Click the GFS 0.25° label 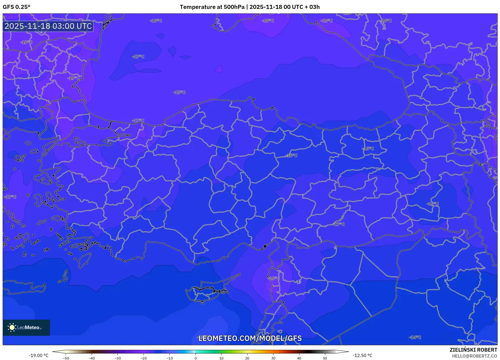tap(16, 7)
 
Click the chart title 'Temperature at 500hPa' tap(212, 7)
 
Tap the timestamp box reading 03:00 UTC tap(48, 26)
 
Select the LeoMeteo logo tap(26, 327)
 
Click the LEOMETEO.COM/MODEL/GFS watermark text tap(250, 338)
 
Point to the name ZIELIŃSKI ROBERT tap(473, 350)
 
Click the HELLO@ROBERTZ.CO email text tap(474, 356)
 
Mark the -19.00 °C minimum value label tap(38, 355)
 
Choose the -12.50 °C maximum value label tap(362, 355)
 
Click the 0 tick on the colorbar tap(196, 358)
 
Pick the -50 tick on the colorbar tap(66, 358)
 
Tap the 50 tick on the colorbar tap(325, 358)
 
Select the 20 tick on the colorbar tap(247, 358)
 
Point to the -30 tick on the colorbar tap(118, 358)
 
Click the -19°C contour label tap(73, 78)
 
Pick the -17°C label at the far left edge tap(10, 197)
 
